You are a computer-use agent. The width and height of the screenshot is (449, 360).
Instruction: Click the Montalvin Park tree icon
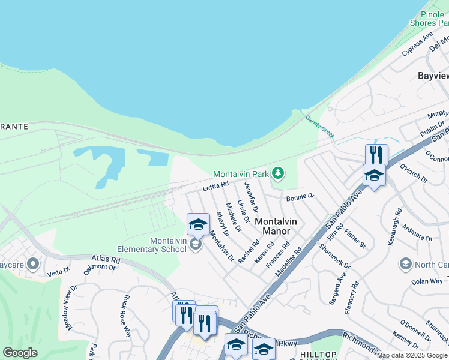pos(277,173)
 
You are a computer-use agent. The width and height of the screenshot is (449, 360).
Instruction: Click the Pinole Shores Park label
pos(429,19)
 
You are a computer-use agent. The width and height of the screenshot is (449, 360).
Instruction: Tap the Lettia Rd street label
pos(215,187)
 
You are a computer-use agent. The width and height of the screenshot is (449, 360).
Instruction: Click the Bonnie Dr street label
pos(300,197)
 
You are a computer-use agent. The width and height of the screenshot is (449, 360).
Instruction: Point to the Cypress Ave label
pos(418,44)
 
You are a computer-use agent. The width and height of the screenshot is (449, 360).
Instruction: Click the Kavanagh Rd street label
pos(397,225)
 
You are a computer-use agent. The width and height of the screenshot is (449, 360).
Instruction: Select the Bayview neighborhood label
pos(433,76)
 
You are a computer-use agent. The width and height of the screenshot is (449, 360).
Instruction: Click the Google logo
pos(20,353)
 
